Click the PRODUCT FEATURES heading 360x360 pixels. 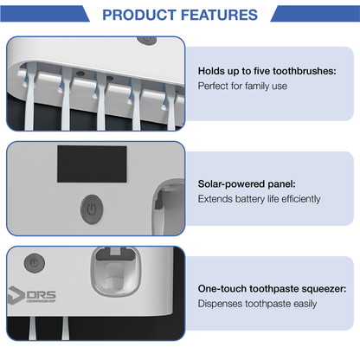coord(179,15)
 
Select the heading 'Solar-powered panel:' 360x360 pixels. coord(247,183)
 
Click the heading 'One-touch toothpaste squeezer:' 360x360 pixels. coord(273,288)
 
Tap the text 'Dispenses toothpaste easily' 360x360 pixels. coord(257,304)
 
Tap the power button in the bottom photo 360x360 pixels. coord(33,260)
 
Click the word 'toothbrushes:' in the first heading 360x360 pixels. coord(319,70)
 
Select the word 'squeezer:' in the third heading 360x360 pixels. coord(324,288)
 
